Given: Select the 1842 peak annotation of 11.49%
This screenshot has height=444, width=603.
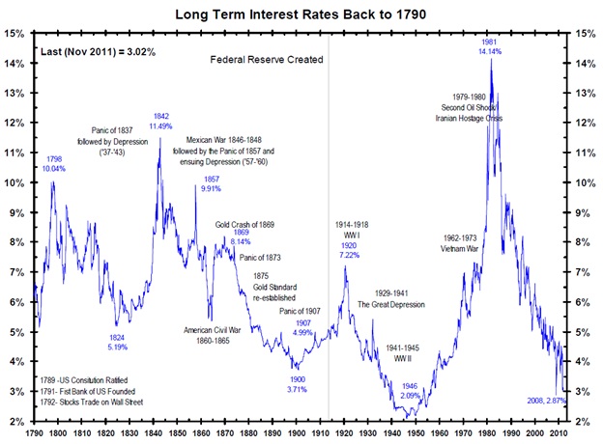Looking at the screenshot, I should pos(160,122).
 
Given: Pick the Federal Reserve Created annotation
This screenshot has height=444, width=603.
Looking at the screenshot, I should pos(266,59).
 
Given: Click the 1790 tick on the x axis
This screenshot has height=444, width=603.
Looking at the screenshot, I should pos(35,433).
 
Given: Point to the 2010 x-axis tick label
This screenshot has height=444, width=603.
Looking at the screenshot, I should pos(556,433).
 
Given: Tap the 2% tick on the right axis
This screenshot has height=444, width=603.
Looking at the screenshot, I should pos(583,422).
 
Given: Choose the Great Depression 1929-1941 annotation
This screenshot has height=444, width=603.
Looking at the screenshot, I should pos(391,297).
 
